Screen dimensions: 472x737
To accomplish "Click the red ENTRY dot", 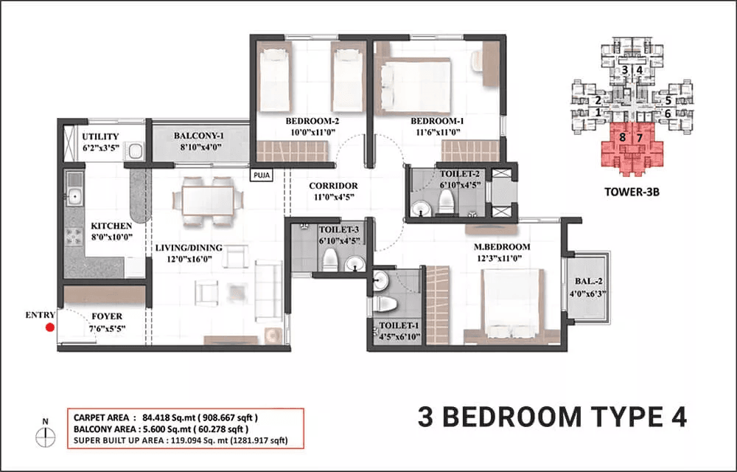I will [x=49, y=328].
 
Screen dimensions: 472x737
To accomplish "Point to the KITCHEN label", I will [x=111, y=226].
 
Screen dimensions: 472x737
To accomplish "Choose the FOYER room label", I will [x=107, y=317].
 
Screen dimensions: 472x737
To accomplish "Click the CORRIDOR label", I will [x=334, y=186].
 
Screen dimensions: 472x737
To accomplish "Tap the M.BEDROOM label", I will [x=501, y=246].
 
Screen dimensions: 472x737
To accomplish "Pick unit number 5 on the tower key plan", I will [x=668, y=100].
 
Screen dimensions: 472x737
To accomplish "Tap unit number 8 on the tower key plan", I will [x=623, y=137].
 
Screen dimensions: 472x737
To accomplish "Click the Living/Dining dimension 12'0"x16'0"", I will [x=189, y=260].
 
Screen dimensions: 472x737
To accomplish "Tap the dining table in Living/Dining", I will [x=207, y=198].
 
